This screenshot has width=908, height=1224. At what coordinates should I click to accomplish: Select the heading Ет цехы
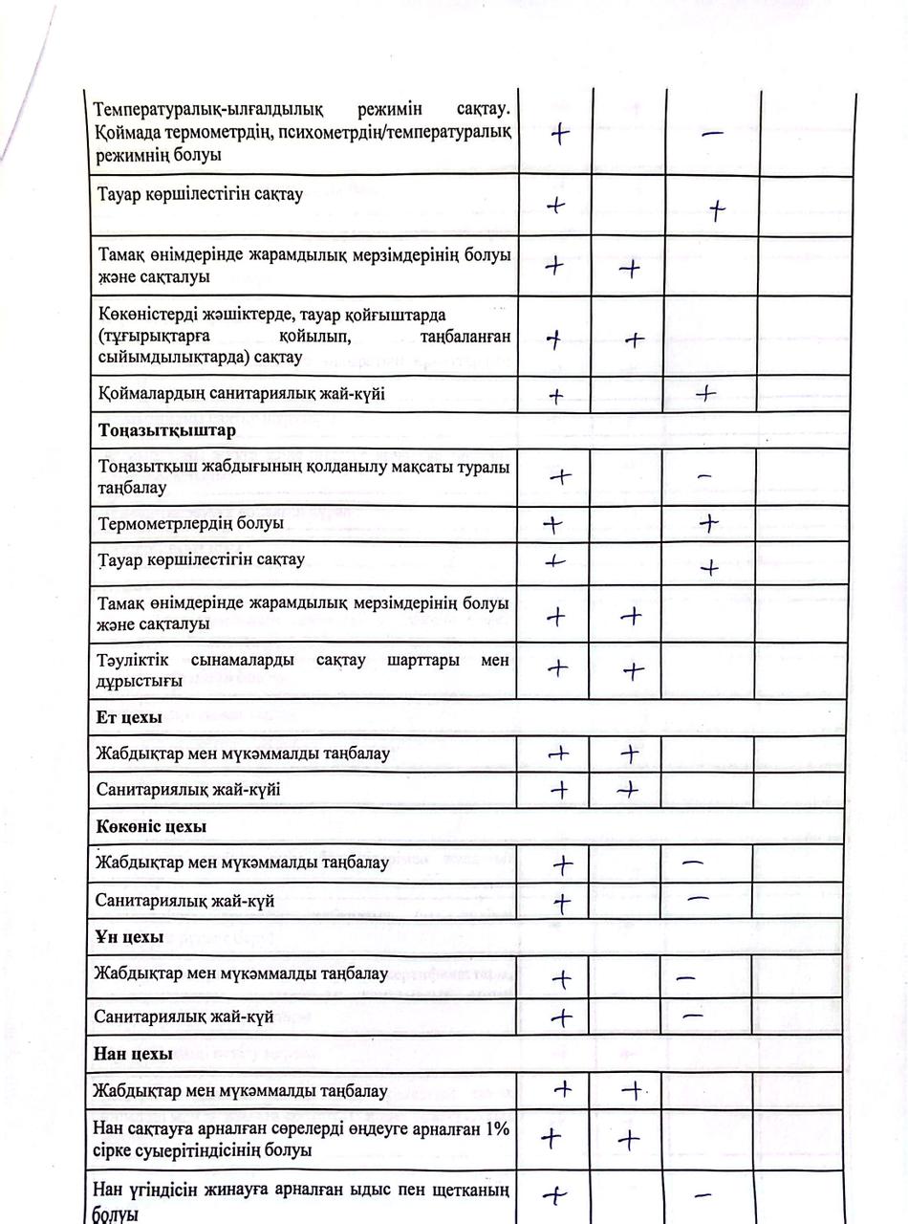pos(129,716)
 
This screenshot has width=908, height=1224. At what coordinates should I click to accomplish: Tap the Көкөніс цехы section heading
pos(151,825)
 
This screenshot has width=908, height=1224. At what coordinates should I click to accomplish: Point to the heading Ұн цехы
pos(129,936)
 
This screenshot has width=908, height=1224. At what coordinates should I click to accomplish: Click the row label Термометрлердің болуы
pos(190,523)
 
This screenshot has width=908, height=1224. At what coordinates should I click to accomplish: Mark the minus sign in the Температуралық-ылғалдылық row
pos(712,135)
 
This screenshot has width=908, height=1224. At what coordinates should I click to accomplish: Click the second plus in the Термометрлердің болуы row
pos(708,522)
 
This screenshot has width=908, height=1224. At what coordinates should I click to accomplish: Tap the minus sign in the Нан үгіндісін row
pos(701,1194)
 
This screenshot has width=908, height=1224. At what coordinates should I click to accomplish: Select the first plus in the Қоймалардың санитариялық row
pos(556,396)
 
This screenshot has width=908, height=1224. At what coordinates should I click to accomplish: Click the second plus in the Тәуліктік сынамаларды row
pos(632,670)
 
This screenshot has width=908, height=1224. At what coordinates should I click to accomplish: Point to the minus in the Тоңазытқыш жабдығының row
pos(704,475)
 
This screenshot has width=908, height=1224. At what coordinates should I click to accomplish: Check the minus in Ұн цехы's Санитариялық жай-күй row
pos(693,1016)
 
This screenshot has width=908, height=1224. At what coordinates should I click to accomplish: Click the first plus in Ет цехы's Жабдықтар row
pos(558,754)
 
